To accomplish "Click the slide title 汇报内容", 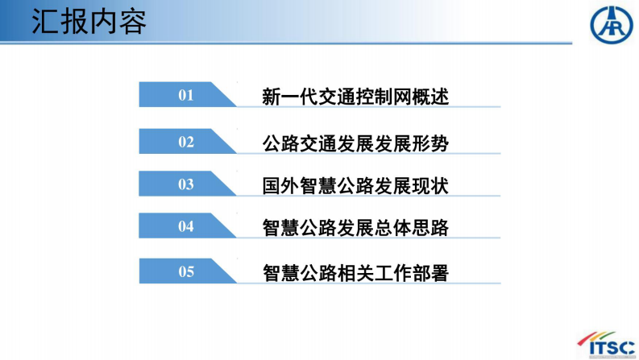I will point(89,23).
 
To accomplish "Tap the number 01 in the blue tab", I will point(186,96).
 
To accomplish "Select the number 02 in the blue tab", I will point(186,143).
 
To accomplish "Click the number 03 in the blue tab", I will point(186,185).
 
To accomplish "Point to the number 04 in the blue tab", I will point(186,227).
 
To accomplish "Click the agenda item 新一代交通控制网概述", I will point(355,97).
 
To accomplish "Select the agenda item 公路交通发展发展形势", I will point(355,143).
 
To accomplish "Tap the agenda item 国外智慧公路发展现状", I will point(355,186).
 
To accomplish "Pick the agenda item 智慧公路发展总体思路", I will point(355,228).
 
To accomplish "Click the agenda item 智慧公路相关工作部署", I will point(355,273).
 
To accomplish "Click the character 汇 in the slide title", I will point(46,23).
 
